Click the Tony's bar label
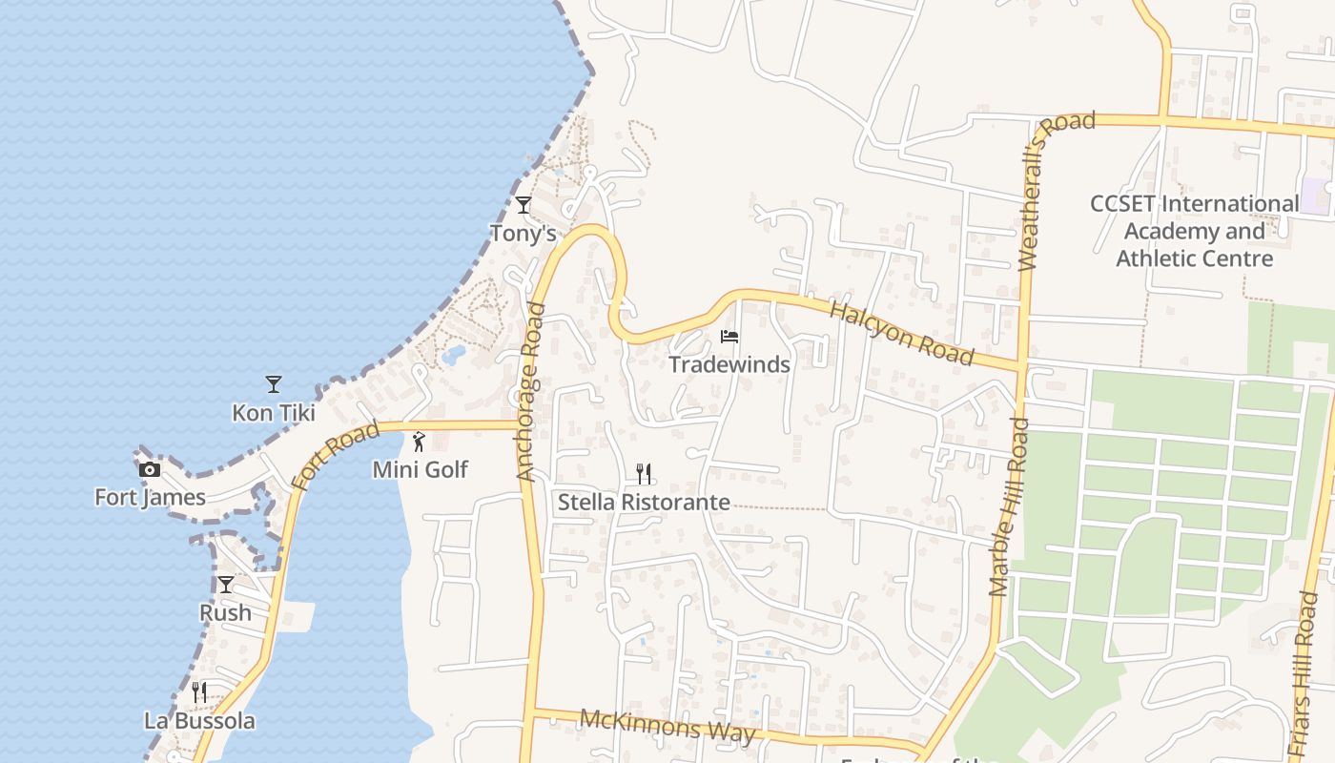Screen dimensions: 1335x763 pyautogui.click(x=523, y=233)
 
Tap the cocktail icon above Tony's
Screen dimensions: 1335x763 pyautogui.click(x=523, y=205)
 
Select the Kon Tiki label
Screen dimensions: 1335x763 pyautogui.click(x=274, y=413)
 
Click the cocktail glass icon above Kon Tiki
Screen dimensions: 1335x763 pyautogui.click(x=274, y=384)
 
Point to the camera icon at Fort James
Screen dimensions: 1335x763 pyautogui.click(x=150, y=469)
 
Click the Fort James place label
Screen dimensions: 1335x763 pyautogui.click(x=150, y=497)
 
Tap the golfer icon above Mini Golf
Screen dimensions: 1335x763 pyautogui.click(x=419, y=442)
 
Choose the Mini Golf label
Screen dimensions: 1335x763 pyautogui.click(x=421, y=469)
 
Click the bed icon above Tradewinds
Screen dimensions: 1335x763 pyautogui.click(x=729, y=337)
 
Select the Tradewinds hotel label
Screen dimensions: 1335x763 pyautogui.click(x=729, y=364)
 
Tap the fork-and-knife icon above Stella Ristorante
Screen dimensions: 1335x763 pyautogui.click(x=644, y=474)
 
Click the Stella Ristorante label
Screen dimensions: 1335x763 pyautogui.click(x=644, y=502)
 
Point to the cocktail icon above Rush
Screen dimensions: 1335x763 pyautogui.click(x=225, y=585)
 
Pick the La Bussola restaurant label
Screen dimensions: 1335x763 pyautogui.click(x=199, y=720)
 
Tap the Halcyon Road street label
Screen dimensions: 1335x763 pyautogui.click(x=901, y=333)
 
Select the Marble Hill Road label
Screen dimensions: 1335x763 pyautogui.click(x=1010, y=506)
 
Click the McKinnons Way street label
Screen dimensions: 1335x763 pyautogui.click(x=667, y=726)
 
